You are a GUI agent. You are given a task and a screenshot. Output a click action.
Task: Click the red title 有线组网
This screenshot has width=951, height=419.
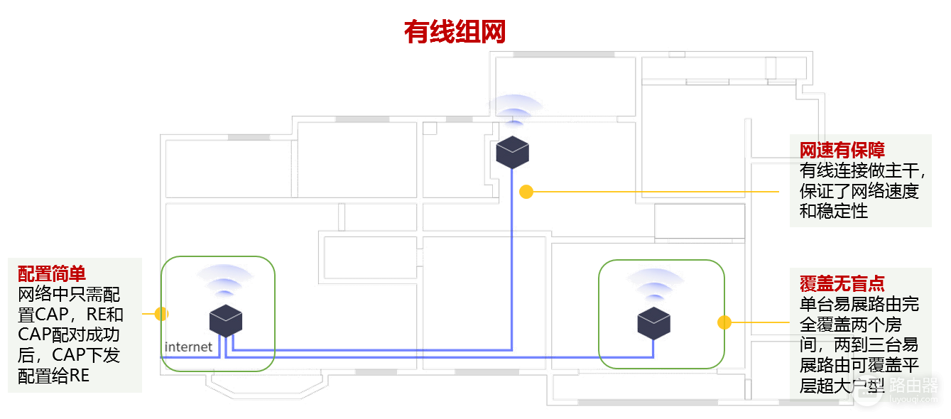coord(455,32)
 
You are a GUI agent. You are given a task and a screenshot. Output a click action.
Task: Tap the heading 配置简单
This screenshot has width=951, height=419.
coord(52,273)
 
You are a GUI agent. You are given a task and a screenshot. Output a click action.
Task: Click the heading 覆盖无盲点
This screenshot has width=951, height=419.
coord(842,284)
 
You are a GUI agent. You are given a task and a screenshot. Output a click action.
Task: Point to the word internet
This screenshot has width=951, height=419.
coord(188,347)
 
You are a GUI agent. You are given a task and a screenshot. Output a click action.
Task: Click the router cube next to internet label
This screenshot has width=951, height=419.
coord(226,321)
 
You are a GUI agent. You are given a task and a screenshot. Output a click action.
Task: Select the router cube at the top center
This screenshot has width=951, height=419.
coord(512,152)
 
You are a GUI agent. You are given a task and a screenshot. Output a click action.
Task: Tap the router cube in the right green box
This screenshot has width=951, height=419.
coord(653,322)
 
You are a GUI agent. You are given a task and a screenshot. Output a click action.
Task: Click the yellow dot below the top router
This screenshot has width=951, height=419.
coord(526,191)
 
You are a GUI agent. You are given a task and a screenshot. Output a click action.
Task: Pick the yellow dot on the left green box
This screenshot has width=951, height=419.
coord(161,313)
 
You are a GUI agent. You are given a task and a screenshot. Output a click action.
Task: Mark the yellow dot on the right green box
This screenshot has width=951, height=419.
coord(724,322)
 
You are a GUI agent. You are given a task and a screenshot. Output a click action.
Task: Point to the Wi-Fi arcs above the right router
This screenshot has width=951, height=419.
coord(654,284)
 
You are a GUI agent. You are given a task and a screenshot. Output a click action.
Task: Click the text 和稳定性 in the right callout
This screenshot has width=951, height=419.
coord(833,211)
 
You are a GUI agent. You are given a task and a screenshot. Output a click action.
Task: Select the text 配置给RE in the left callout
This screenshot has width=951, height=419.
coord(54,376)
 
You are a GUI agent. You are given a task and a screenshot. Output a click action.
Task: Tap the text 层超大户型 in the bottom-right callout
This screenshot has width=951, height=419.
coord(842,386)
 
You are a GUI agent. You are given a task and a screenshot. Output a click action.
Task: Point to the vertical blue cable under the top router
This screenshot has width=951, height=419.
coord(512,270)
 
